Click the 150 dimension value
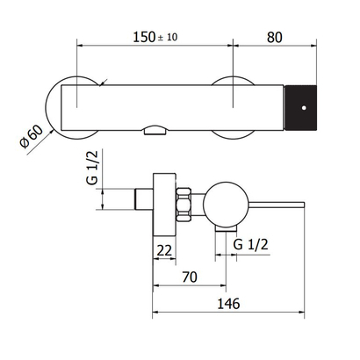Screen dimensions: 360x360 [144, 37]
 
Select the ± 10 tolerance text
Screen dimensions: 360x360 [168, 38]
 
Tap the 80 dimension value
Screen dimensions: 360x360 [275, 38]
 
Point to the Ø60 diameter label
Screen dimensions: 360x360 [31, 137]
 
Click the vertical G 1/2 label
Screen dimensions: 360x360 [92, 167]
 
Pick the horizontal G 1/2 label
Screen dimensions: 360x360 [251, 244]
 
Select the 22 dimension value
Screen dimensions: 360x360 [164, 250]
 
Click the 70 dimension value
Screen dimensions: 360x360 [190, 277]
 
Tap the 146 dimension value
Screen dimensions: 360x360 [228, 304]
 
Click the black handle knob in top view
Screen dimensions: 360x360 [301, 107]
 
